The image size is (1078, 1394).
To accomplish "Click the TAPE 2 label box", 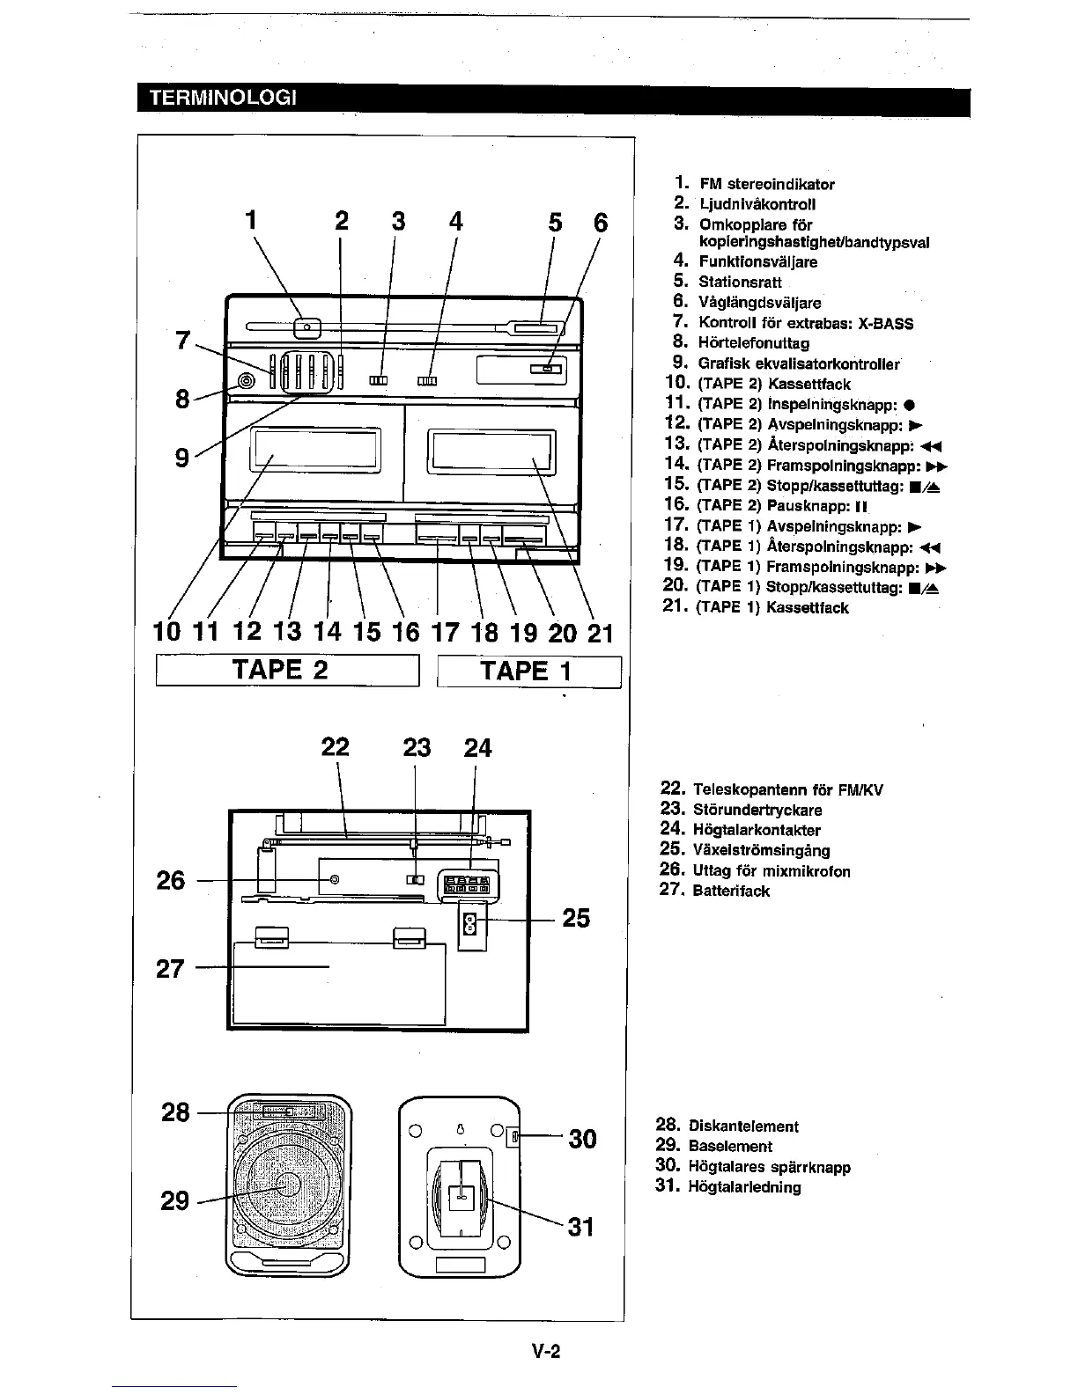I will tap(287, 671).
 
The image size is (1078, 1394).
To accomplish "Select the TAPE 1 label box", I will tap(529, 671).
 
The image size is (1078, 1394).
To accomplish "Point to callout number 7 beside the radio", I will tap(183, 340).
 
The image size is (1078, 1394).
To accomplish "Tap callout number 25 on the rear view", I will tap(576, 918).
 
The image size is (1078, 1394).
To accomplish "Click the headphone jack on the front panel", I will tap(246, 381).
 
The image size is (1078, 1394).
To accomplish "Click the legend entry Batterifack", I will tap(731, 891).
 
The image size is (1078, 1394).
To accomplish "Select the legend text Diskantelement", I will tap(743, 1126).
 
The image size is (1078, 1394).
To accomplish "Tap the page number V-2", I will tap(546, 1352).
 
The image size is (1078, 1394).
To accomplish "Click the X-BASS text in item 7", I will tap(885, 323).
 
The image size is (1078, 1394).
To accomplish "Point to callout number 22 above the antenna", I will tap(335, 747).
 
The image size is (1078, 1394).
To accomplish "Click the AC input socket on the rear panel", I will tap(469, 925).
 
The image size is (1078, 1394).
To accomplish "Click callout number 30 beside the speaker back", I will tap(582, 1139).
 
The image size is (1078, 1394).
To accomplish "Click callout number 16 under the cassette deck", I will tap(405, 632).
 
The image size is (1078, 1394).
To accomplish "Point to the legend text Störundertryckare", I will tap(757, 810).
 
